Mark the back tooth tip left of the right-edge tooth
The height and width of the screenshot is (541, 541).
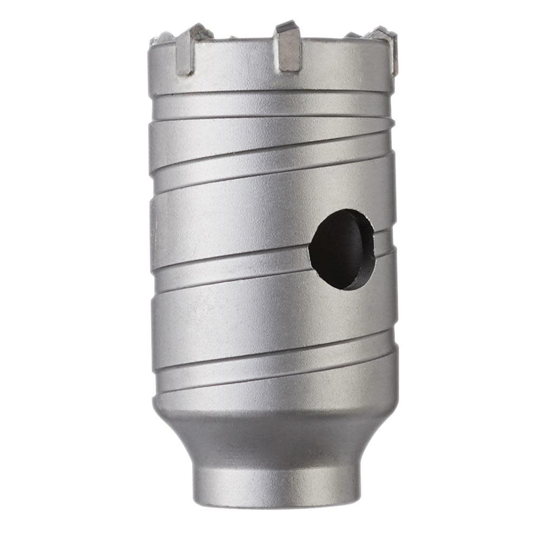coord(353,35)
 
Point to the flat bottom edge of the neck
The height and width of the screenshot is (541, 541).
coord(276,504)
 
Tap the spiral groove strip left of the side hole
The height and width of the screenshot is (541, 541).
coord(227,265)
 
